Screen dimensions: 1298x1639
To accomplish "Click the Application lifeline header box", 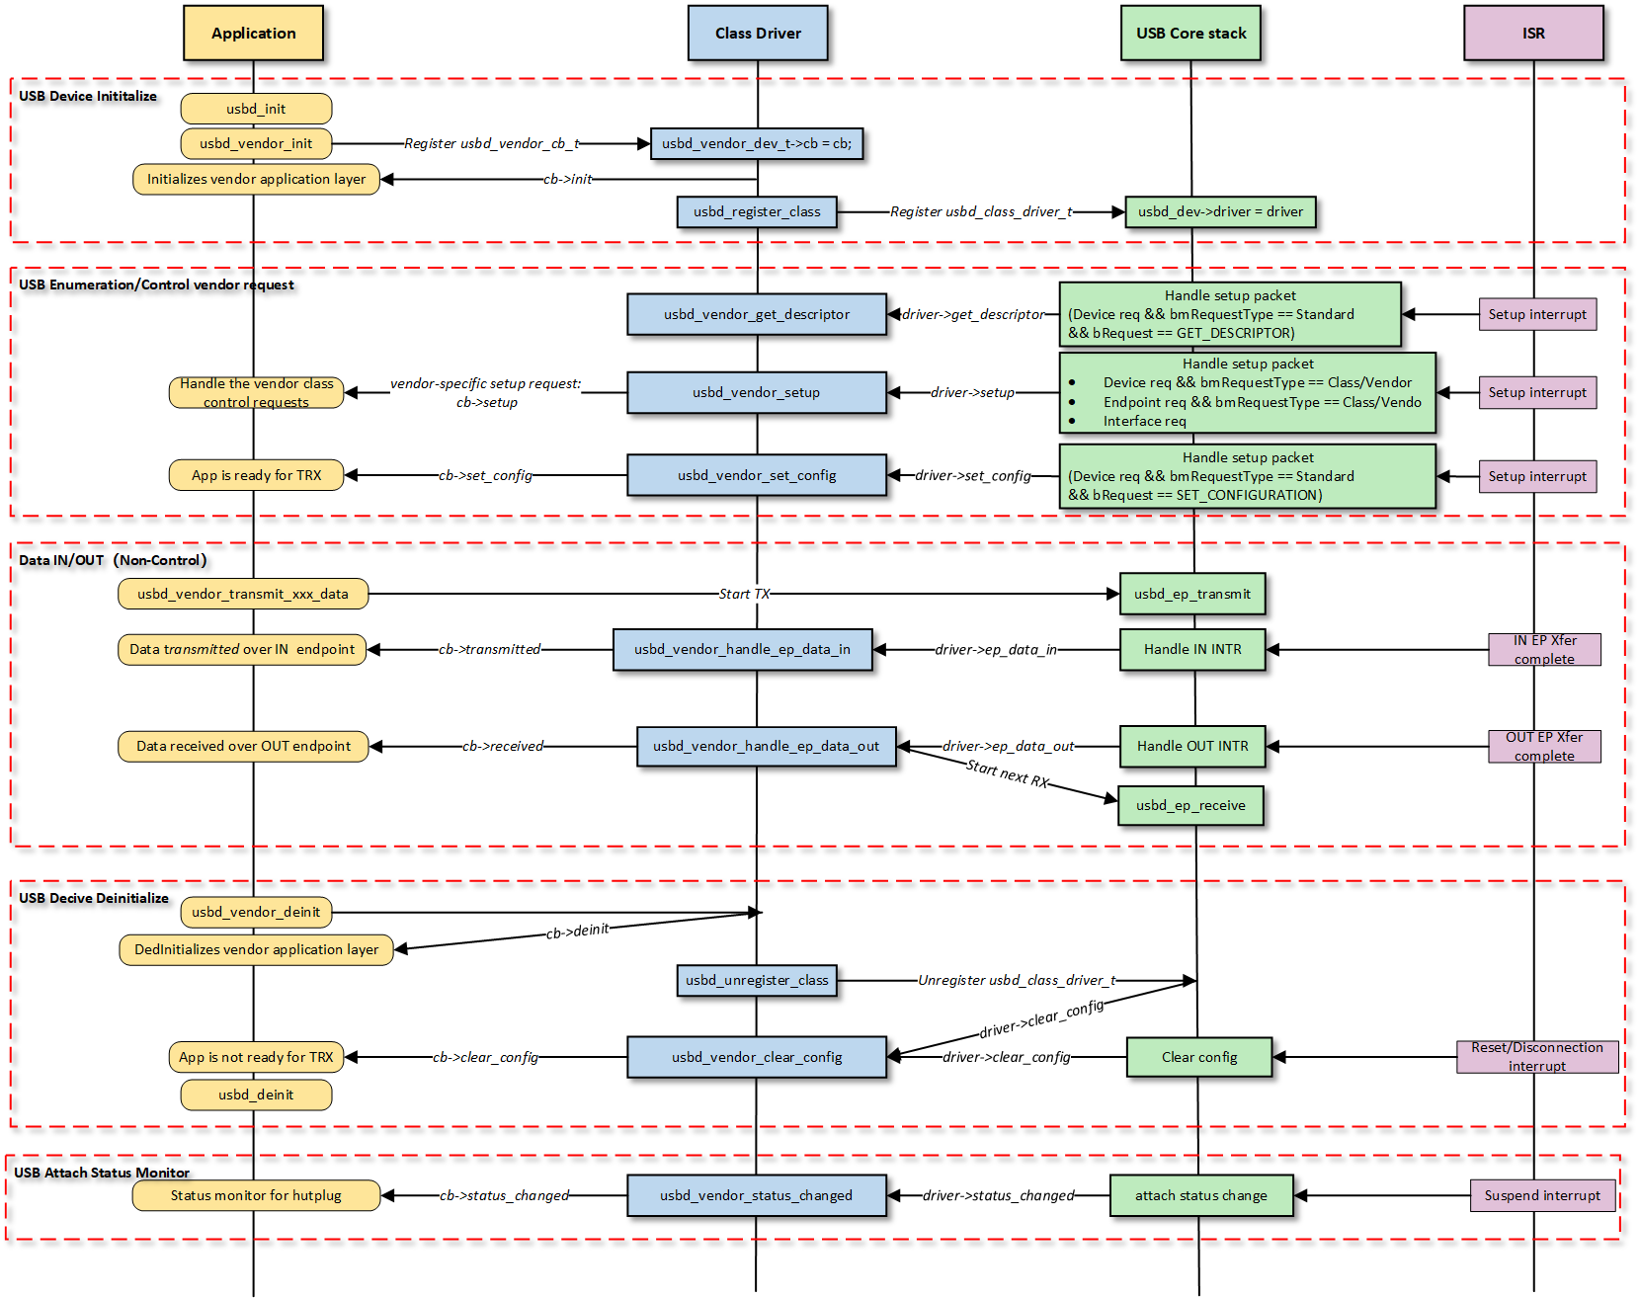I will coord(253,33).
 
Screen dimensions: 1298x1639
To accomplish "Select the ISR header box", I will coord(1532,33).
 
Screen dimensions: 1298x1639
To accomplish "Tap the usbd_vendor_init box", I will coord(256,143).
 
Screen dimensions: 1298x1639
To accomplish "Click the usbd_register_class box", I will coord(757,211).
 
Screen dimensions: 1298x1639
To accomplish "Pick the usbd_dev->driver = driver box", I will coord(1220,211).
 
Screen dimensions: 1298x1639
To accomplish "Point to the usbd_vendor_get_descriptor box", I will coord(757,314).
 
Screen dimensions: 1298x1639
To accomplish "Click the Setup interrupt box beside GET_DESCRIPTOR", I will coord(1537,314).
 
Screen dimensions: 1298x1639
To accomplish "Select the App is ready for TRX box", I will coord(257,475).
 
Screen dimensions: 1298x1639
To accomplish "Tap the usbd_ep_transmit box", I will coord(1191,594).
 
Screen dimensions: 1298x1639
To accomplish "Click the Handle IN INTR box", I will coord(1192,649).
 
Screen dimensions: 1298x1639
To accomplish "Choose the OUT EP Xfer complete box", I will coord(1544,746).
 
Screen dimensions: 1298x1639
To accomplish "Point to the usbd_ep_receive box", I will coord(1190,805).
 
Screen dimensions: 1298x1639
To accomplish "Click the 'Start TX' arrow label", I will coord(744,594).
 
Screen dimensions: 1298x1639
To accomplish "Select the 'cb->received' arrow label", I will coord(503,746).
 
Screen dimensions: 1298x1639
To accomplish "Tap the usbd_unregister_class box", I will coord(757,980).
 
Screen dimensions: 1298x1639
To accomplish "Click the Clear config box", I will coord(1199,1057).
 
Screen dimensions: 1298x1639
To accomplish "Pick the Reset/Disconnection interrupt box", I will coord(1537,1056).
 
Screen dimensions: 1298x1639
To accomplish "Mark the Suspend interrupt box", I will coord(1542,1195).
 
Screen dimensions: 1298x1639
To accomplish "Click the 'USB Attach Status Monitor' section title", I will coord(102,1173).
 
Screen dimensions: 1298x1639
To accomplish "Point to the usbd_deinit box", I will coord(256,1095).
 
